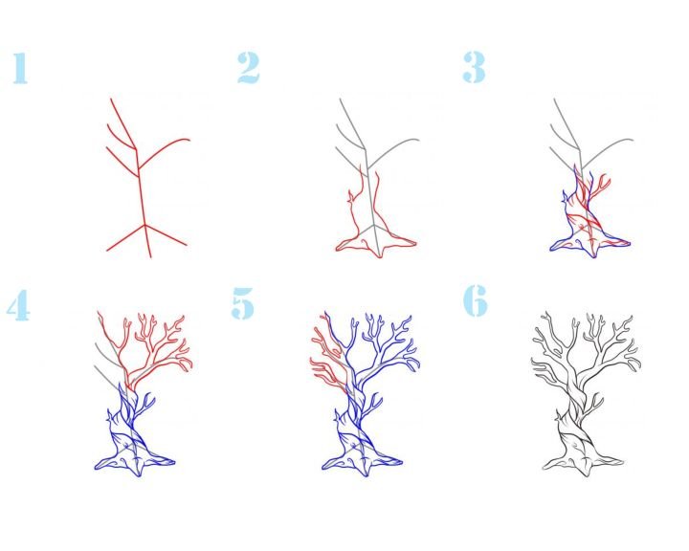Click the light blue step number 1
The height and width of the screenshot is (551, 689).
click(x=20, y=68)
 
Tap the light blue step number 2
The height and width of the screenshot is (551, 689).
click(x=248, y=68)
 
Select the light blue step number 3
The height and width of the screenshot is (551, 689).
click(x=474, y=67)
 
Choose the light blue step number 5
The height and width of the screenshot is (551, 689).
click(x=242, y=302)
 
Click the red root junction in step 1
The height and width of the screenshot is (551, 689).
click(x=145, y=226)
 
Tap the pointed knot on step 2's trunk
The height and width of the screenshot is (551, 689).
click(x=350, y=197)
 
